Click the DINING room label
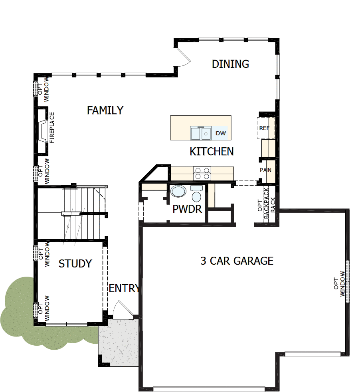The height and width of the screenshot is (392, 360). pos(230,64)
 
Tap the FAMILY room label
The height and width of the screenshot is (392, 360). pos(105,110)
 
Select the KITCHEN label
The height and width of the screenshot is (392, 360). pos(212,152)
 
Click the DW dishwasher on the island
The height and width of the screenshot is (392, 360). pos(221,133)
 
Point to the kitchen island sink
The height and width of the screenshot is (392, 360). pos(200,133)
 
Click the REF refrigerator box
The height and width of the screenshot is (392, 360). pos(265,128)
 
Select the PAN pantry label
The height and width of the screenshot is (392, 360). pos(265,170)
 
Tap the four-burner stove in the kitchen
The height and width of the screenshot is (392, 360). pos(202,173)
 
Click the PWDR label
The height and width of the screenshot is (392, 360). pos(187,209)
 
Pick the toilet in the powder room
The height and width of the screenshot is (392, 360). pos(196,195)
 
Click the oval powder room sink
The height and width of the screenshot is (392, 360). pos(178,191)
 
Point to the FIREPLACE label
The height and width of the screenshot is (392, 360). pos(52,128)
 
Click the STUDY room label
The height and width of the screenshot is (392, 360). pos(75,263)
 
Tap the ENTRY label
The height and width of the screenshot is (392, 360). pos(124,288)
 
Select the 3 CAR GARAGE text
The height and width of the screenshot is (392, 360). pos(237,261)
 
